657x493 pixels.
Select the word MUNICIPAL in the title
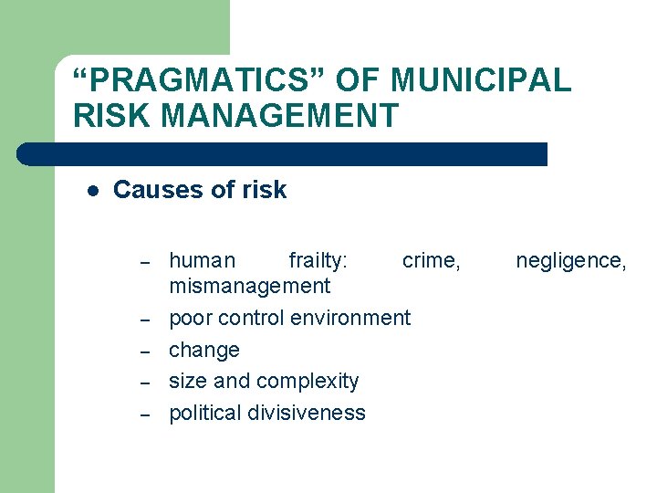coord(482,81)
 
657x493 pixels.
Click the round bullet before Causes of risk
coord(92,191)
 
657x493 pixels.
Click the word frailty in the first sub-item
coord(317,261)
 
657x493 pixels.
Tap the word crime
coord(431,261)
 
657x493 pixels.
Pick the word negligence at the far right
coord(570,261)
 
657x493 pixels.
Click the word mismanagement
coord(249,287)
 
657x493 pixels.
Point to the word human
coord(202,261)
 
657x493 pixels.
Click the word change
coord(204,351)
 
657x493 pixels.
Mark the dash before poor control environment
coord(144,320)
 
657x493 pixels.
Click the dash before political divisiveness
coord(144,414)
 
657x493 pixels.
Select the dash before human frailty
coord(144,263)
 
